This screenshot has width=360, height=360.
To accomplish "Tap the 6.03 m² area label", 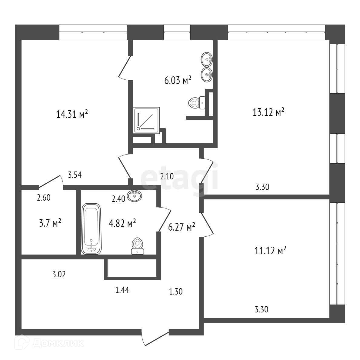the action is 178,80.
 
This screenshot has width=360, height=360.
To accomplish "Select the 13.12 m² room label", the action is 268,112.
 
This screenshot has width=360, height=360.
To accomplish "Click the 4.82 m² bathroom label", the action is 122,223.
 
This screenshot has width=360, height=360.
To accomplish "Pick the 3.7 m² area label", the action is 48,224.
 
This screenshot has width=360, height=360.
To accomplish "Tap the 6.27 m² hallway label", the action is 182,227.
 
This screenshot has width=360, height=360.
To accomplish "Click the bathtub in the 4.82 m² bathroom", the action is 91,228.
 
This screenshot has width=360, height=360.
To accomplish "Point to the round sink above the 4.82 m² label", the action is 135,196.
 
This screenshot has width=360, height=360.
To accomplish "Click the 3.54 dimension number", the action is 75,175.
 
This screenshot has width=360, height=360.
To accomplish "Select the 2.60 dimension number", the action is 44,198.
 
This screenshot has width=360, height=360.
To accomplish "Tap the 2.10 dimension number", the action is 167,176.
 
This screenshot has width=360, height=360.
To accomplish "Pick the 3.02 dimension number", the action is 59,275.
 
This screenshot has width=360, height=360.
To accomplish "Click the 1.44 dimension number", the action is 122,290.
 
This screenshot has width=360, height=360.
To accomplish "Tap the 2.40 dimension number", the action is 118,199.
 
